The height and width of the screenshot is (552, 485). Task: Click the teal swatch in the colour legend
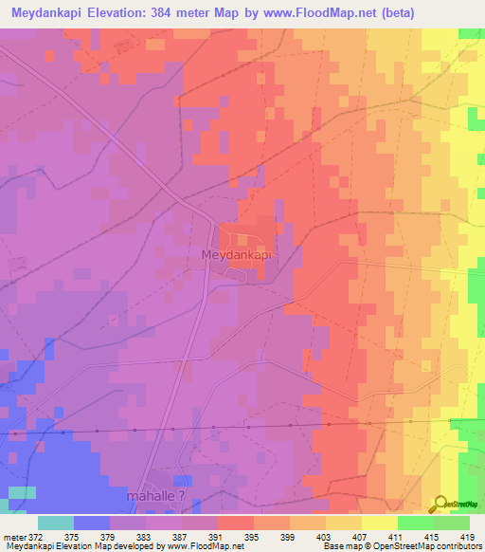click(56, 523)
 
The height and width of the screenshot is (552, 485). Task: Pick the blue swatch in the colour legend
click(92, 523)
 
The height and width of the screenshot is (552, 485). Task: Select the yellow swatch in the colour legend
click(380, 523)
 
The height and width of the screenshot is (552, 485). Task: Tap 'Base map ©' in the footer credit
click(347, 546)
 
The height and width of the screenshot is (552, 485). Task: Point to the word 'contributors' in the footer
click(458, 546)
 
